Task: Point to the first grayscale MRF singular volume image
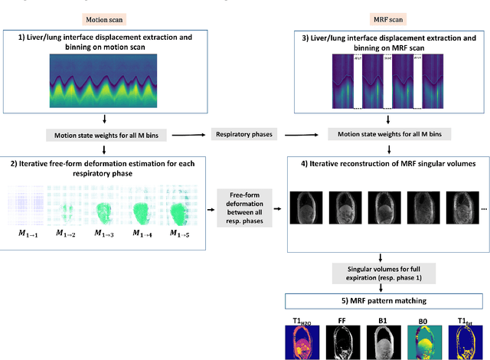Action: pos(309,206)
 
